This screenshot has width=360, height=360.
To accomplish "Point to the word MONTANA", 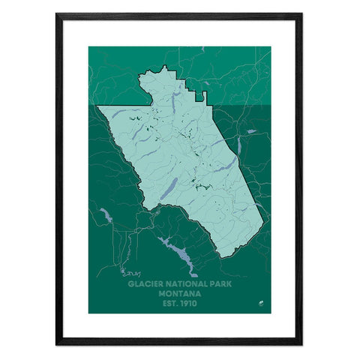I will click(179, 294).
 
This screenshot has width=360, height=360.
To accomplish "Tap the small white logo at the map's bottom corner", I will click(262, 303).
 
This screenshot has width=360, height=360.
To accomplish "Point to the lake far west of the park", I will click(104, 217).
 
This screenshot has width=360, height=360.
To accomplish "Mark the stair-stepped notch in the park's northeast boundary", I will click(199, 95).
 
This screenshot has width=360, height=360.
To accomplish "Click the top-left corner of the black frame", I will click(57, 14).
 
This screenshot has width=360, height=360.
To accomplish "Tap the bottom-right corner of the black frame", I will click(301, 343).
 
